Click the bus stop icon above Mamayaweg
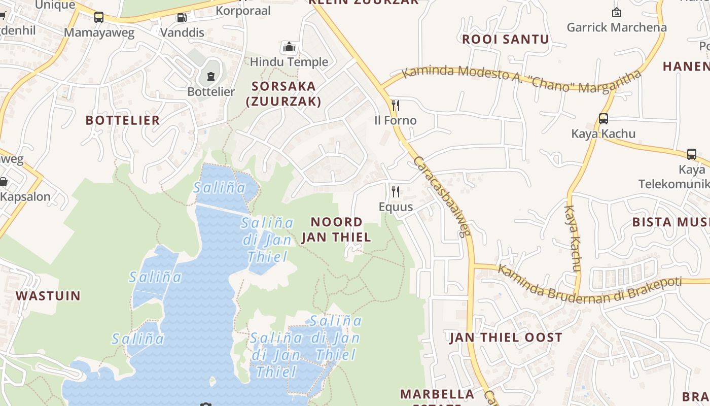[x=99, y=17]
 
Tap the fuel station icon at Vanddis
[x=182, y=18]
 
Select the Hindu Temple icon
[x=289, y=47]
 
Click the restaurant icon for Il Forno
[x=396, y=106]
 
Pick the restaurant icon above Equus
[x=396, y=192]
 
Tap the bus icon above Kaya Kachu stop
[x=603, y=119]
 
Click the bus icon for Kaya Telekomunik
[x=692, y=154]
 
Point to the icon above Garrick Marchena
[x=617, y=12]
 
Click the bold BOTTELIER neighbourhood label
[x=123, y=120]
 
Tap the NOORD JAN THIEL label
[x=336, y=229]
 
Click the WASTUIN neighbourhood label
[x=48, y=296]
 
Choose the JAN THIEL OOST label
[x=506, y=337]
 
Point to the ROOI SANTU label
[x=506, y=40]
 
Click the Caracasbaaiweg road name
[x=442, y=196]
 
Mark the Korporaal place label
[x=243, y=11]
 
